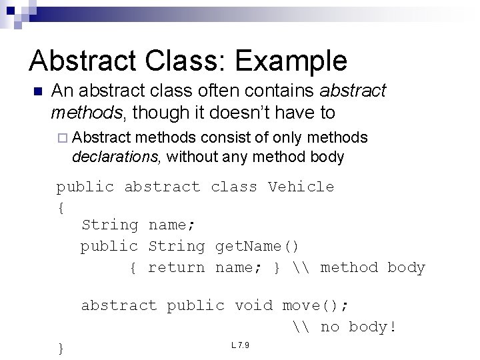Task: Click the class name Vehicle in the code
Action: (x=301, y=187)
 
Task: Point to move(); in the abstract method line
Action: (x=315, y=306)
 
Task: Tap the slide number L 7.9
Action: (x=240, y=345)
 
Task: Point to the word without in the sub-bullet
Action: (x=194, y=157)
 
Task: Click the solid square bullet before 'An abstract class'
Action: (x=37, y=91)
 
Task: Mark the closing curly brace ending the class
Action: (x=61, y=348)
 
